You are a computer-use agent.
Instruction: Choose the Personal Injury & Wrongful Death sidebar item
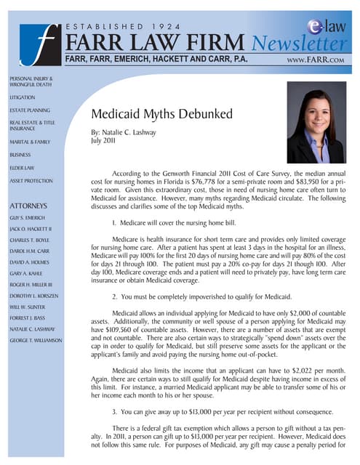click(x=31, y=81)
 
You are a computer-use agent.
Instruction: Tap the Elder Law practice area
click(x=23, y=167)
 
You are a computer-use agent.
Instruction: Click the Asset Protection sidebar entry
click(x=31, y=180)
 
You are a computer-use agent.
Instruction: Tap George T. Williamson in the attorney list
click(x=36, y=340)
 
